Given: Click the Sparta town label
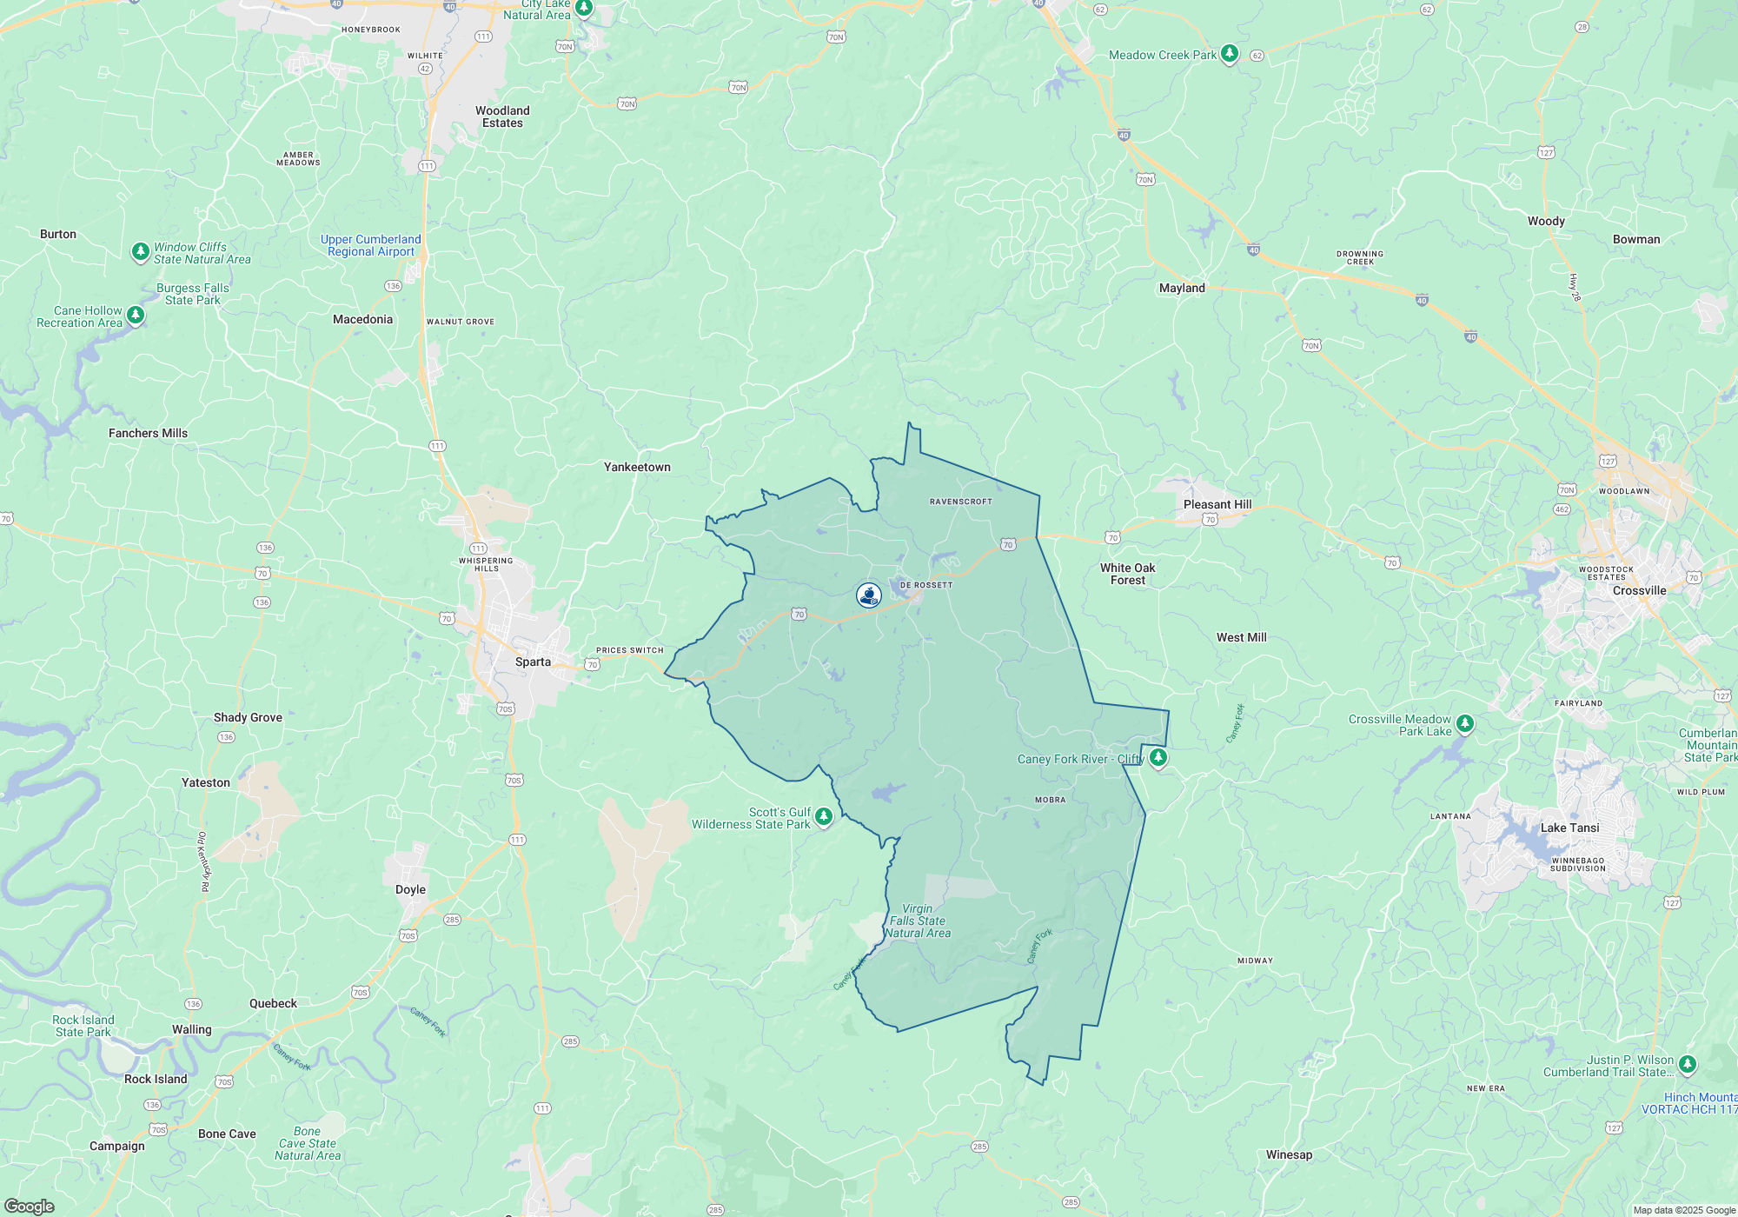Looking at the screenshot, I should point(533,662).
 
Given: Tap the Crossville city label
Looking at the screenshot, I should point(1639,590).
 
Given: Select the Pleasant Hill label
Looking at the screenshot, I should point(1217,504).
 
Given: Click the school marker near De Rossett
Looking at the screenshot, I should point(868,595).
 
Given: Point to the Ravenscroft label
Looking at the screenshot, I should point(960,502).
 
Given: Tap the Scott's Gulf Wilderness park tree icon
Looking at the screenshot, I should point(824,816).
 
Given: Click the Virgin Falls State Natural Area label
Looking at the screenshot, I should point(918,921).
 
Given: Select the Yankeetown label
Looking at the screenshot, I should point(637,467).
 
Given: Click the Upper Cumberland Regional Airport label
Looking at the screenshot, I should point(371,245).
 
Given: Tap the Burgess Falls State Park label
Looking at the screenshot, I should point(193,294).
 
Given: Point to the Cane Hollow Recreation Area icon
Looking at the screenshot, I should point(136,314).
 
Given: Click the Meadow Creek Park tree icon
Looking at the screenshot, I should point(1229,53).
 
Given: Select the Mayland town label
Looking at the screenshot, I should point(1182,288).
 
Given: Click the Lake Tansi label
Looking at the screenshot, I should point(1569,828).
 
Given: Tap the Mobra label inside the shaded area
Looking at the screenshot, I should point(1050,800).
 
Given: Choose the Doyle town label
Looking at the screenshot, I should point(410,889).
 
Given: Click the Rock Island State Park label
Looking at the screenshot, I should point(83,1026).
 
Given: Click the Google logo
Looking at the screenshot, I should point(30,1206).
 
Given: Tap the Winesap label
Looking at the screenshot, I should point(1289,1154).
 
